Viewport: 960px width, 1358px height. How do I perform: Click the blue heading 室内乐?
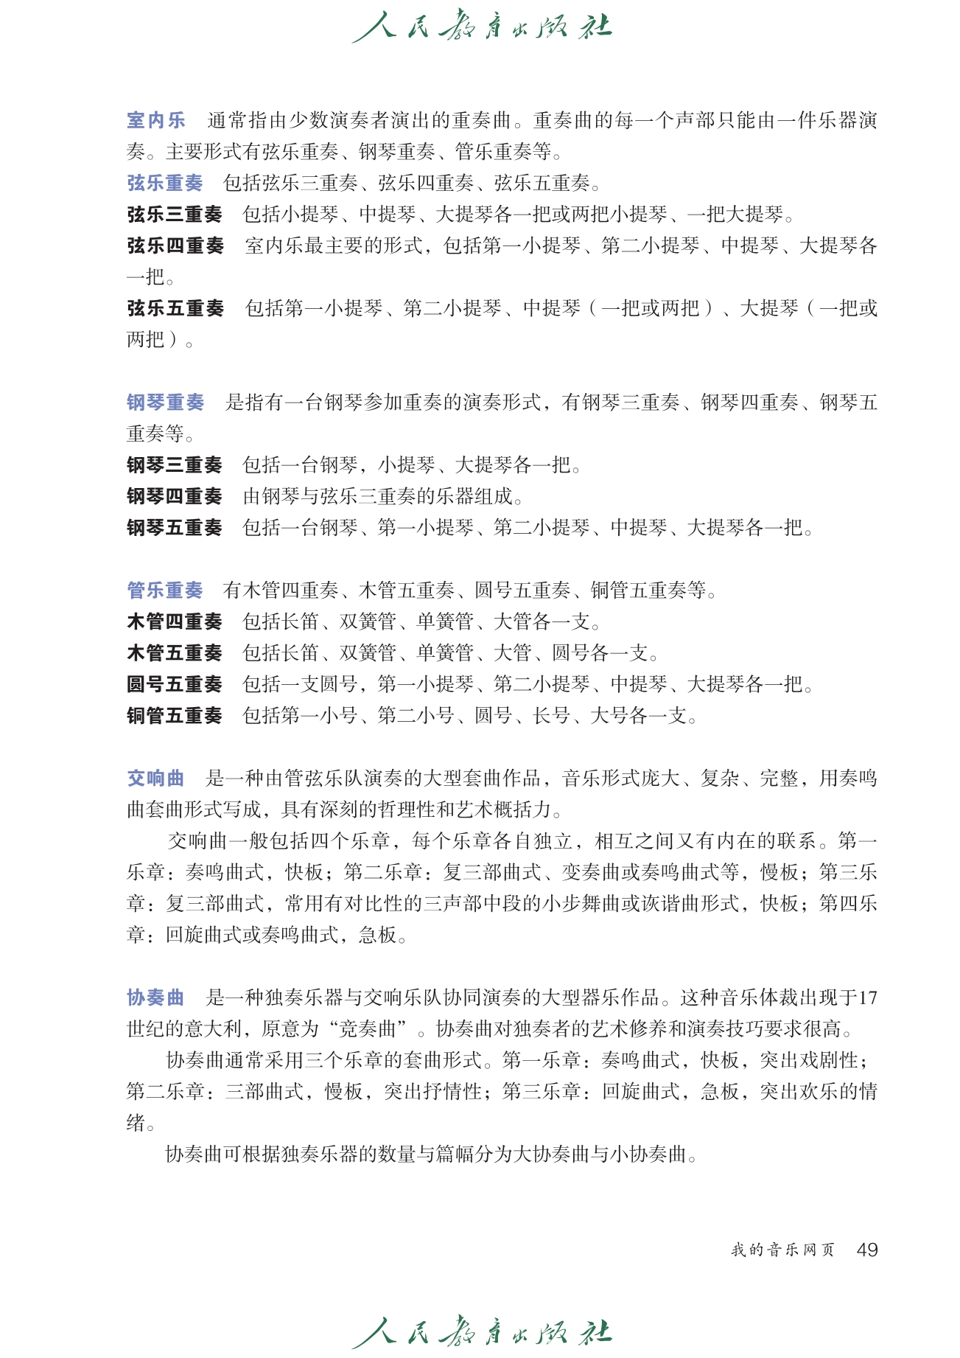click(155, 120)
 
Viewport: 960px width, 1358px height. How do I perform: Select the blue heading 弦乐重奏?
click(165, 183)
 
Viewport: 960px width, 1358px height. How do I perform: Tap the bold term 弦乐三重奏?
click(175, 215)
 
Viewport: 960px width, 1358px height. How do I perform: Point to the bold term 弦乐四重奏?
click(175, 246)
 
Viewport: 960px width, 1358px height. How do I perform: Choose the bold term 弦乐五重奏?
click(175, 308)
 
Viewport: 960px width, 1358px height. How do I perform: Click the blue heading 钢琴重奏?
click(165, 403)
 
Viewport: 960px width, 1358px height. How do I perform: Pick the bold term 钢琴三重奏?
click(175, 465)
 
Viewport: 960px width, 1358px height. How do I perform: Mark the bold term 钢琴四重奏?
click(175, 496)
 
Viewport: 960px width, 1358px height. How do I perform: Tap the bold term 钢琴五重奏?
click(175, 528)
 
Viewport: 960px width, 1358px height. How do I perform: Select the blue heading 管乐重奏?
click(165, 591)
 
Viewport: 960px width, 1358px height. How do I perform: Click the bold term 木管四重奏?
click(175, 621)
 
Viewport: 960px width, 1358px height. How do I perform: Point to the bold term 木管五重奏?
click(175, 653)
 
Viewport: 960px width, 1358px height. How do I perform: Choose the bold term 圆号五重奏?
click(175, 684)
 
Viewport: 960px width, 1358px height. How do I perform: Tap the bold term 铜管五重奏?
click(175, 716)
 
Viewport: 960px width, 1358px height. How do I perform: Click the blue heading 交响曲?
click(155, 779)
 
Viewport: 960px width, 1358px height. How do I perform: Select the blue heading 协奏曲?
click(155, 997)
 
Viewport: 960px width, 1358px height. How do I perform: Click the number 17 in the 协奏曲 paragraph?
click(867, 998)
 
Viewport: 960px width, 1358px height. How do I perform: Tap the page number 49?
click(867, 1250)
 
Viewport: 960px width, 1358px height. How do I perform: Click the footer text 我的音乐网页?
click(782, 1250)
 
